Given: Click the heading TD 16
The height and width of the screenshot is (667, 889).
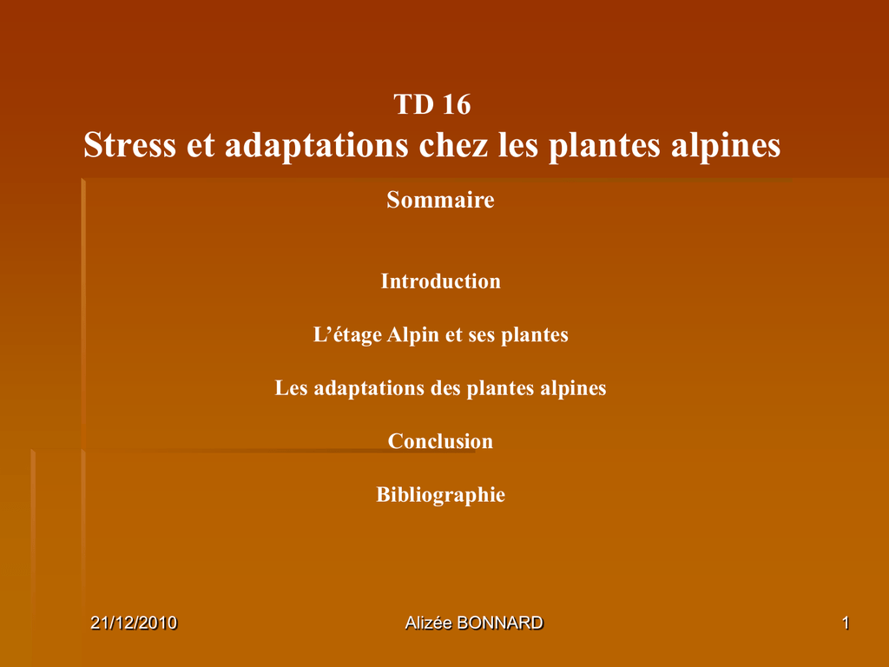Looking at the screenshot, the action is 432,104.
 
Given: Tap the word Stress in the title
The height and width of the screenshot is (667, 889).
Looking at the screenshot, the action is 130,145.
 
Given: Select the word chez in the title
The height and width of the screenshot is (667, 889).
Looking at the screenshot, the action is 453,145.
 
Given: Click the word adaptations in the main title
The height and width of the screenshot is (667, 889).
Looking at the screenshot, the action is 316,146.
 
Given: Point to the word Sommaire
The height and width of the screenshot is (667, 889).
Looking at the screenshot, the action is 440,200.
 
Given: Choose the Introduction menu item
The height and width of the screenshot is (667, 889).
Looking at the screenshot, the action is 440,281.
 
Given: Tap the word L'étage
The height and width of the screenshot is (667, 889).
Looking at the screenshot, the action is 347,335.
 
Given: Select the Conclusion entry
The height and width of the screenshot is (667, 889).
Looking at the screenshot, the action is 440,441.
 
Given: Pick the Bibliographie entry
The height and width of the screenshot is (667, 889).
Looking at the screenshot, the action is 440,495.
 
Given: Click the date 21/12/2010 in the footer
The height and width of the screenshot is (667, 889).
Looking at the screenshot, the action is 134,623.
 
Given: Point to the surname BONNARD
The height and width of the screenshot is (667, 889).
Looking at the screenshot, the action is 500,623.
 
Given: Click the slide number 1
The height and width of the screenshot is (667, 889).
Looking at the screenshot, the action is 846,623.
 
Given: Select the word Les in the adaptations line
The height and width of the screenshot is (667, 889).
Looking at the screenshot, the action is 292,388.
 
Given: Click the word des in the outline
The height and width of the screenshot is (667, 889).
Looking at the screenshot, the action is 445,388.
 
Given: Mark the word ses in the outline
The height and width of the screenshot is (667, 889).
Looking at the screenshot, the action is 482,335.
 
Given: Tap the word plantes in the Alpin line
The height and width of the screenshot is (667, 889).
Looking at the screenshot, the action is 535,335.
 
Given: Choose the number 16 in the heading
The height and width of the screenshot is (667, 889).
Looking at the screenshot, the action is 457,104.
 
